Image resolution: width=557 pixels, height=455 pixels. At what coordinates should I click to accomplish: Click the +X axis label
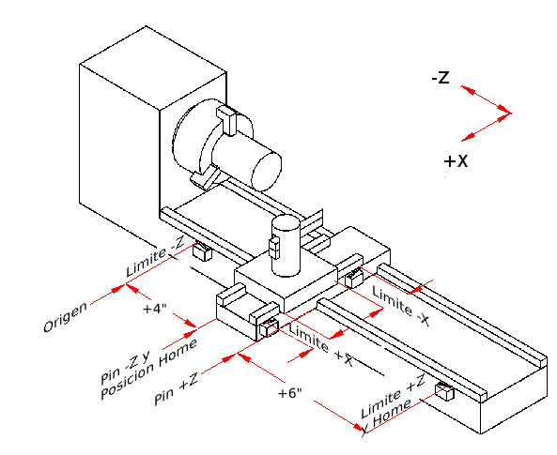pos(456,161)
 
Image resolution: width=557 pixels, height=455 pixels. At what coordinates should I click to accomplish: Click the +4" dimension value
pos(156,308)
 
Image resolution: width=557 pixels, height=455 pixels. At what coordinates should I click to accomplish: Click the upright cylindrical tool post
pos(286,246)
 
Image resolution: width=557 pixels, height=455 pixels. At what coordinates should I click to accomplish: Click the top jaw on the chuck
pos(228,119)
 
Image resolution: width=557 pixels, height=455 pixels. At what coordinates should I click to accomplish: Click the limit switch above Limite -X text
pos(354,278)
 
